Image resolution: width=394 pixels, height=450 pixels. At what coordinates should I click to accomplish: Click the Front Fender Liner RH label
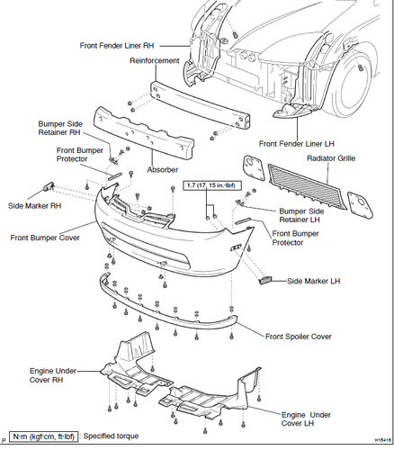[x=117, y=46]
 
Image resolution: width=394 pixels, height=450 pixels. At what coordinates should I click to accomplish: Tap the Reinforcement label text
[x=155, y=60]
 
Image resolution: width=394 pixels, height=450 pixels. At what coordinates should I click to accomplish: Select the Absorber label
[x=163, y=170]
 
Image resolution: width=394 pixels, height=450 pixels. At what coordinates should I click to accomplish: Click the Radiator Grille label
[x=331, y=158]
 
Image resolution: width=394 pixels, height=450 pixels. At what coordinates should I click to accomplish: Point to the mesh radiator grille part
[x=308, y=186]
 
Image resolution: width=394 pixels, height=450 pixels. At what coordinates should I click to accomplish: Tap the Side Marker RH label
[x=34, y=206]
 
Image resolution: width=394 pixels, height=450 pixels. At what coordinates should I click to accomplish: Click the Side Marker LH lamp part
[x=264, y=281]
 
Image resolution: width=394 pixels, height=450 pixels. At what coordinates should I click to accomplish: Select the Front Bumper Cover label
[x=45, y=238]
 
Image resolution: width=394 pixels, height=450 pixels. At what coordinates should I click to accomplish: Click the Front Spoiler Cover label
[x=299, y=337]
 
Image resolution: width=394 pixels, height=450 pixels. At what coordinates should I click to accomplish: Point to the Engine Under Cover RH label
[x=53, y=375]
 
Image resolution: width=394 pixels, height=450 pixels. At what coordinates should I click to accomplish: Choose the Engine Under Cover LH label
[x=306, y=419]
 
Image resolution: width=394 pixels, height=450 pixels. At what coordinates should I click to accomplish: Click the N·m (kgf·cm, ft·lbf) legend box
[x=44, y=436]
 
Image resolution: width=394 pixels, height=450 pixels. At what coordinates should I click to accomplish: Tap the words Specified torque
[x=111, y=436]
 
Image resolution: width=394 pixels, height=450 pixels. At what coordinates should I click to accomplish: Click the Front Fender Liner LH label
[x=297, y=144]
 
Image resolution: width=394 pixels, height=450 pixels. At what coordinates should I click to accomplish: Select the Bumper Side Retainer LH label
[x=301, y=215]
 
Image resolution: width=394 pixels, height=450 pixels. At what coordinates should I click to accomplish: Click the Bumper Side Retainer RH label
[x=60, y=128]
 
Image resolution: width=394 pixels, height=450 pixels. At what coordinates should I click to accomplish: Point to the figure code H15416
[x=383, y=440]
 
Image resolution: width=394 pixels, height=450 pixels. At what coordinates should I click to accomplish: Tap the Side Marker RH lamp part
[x=49, y=186]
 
